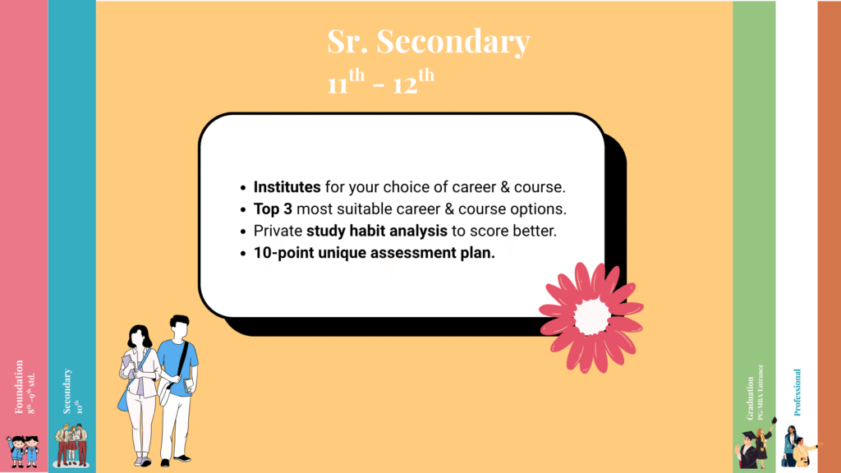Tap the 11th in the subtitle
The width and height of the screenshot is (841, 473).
click(346, 83)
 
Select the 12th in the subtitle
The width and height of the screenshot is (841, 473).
click(411, 83)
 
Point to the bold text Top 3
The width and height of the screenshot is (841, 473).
click(273, 209)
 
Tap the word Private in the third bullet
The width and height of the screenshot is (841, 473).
click(278, 231)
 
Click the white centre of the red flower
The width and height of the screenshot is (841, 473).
click(591, 316)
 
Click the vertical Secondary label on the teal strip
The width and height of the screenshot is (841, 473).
click(67, 390)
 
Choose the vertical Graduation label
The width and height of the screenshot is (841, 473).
click(750, 397)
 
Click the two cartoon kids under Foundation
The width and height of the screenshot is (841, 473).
click(22, 450)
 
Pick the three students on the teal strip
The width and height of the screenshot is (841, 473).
click(71, 444)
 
